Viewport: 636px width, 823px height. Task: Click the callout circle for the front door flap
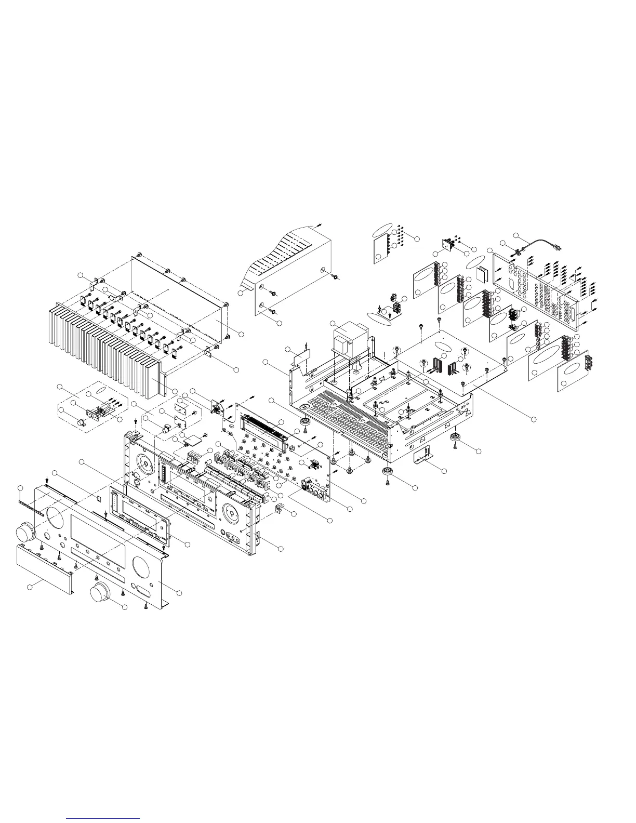(x=29, y=587)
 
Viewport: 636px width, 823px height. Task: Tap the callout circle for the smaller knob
(x=125, y=607)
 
